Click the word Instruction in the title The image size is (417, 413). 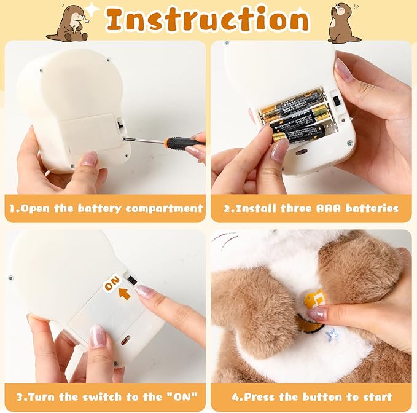(208, 20)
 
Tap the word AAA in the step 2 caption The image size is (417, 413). (330, 208)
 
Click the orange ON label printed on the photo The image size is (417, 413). (112, 284)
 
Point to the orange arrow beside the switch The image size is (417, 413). (125, 294)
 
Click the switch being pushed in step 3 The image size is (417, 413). (131, 279)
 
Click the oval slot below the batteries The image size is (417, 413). (301, 151)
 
